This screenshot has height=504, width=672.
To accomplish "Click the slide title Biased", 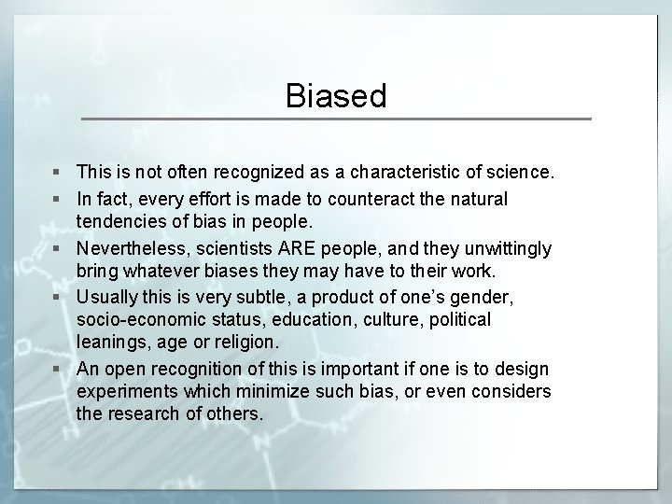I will pyautogui.click(x=336, y=96).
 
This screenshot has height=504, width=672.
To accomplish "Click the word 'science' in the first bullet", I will pyautogui.click(x=519, y=173).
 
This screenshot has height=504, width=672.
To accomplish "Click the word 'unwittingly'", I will pyautogui.click(x=505, y=248).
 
